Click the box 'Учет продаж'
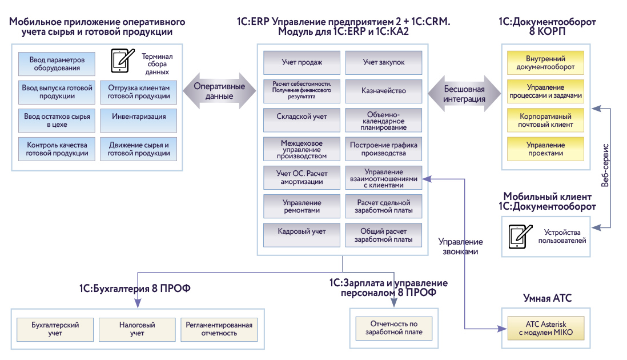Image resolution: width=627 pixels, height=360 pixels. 302,62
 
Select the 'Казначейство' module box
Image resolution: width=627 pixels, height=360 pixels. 383,90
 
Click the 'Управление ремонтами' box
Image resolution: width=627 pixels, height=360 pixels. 302,206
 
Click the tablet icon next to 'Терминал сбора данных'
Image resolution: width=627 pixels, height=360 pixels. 120,60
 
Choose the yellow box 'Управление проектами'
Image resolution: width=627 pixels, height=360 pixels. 545,149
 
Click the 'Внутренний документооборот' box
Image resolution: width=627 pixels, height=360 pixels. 545,63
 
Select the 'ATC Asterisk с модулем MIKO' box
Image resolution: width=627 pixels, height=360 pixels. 545,329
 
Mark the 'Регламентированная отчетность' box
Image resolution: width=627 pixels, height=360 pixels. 219,329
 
